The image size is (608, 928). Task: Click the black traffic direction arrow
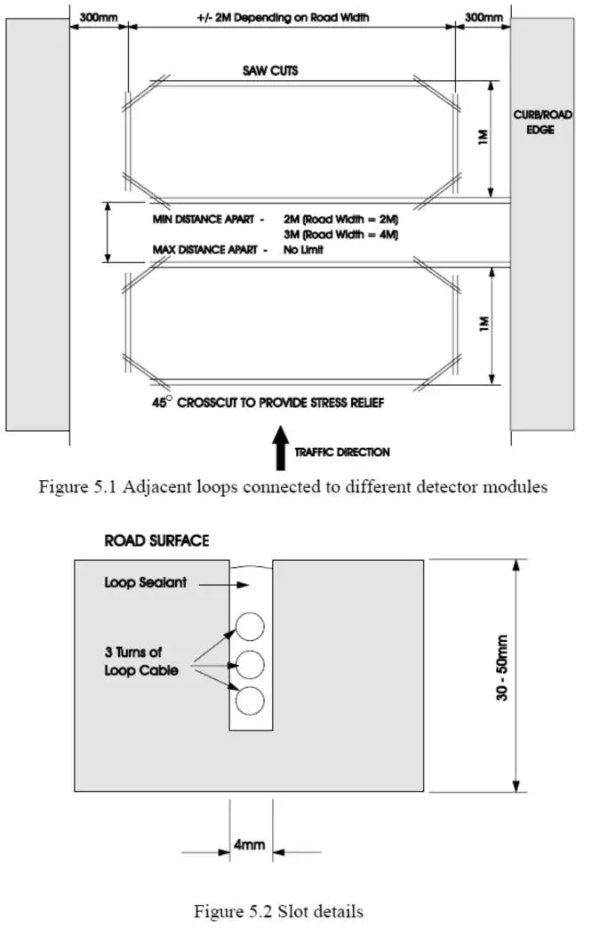281,448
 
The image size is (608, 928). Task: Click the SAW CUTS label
270,70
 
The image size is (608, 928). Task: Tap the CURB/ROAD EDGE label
541,122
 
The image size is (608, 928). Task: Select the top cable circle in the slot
250,626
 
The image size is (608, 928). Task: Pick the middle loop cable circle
250,664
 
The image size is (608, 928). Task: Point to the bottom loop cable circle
250,700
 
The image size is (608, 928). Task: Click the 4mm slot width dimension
249,844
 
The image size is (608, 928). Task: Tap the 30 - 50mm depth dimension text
502,668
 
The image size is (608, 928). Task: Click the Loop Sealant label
145,582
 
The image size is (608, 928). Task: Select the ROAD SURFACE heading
156,540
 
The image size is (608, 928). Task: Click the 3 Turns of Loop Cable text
141,661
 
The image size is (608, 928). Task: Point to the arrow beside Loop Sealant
224,585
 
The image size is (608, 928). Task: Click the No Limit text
303,250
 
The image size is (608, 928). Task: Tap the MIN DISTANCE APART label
204,220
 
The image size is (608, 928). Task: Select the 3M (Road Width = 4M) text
340,235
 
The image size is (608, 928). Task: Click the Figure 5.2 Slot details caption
278,911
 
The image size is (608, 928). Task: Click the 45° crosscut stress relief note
268,403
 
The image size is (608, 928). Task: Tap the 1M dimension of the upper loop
484,137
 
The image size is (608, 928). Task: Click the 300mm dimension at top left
99,18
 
